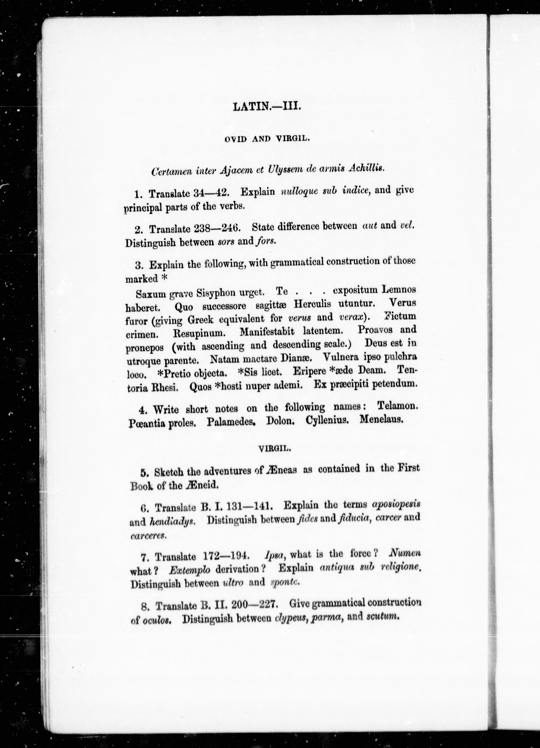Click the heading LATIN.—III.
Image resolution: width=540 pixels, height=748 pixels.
click(x=267, y=107)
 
